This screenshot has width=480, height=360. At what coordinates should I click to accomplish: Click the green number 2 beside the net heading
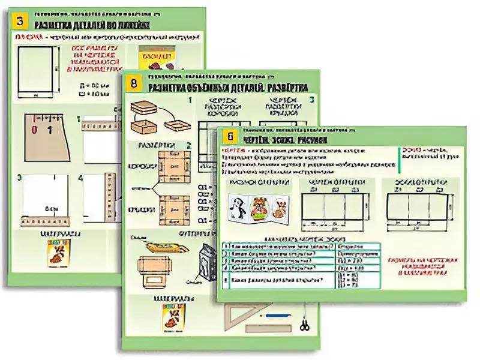[x=188, y=145]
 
